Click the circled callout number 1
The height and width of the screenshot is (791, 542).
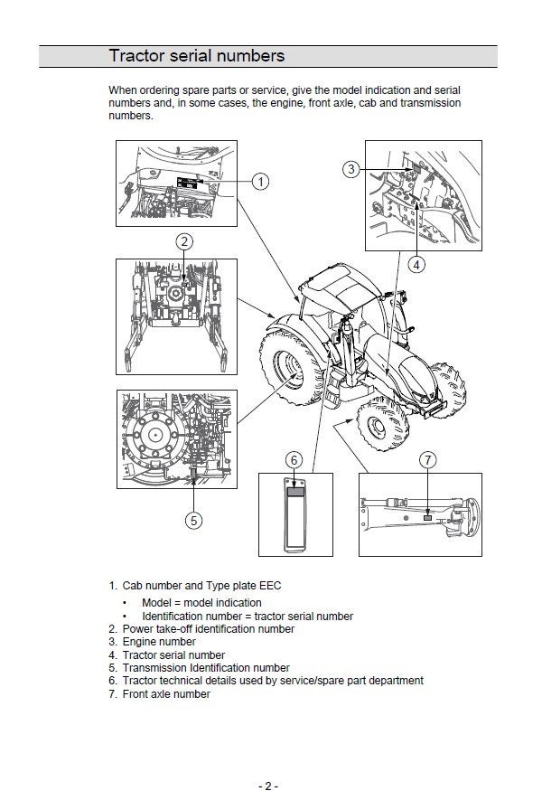[x=260, y=182]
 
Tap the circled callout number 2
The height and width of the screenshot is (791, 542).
[x=184, y=241]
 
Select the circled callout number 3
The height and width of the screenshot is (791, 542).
[x=351, y=169]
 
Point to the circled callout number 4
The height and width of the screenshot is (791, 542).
[x=416, y=264]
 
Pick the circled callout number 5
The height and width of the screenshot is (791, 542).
[x=193, y=520]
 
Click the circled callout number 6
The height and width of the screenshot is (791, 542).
[x=294, y=460]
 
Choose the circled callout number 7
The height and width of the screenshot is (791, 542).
[x=428, y=460]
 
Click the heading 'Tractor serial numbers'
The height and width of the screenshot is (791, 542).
[x=197, y=55]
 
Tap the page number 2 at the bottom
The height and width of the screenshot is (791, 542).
[x=268, y=786]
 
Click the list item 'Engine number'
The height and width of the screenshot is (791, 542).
[x=159, y=642]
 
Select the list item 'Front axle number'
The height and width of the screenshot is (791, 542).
[x=166, y=694]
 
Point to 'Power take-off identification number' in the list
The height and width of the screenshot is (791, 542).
[x=209, y=629]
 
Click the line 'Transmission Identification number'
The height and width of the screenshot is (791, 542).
[x=206, y=668]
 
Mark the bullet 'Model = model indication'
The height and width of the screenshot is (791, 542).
[x=201, y=603]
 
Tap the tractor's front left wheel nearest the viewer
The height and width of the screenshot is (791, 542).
[x=382, y=424]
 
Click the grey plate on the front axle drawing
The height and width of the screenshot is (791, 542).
[x=427, y=518]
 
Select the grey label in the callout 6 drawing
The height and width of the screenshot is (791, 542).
[x=295, y=492]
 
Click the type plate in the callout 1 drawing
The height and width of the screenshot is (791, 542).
[x=187, y=184]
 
